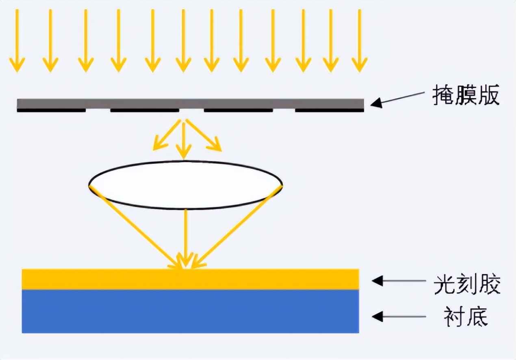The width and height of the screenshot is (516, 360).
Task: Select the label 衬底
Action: (466, 317)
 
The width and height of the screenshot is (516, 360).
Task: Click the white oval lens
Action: (185, 185)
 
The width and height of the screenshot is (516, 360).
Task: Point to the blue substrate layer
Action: (190, 311)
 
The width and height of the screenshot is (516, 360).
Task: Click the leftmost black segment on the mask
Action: (51, 110)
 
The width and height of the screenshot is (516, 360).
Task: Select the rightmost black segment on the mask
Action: (329, 110)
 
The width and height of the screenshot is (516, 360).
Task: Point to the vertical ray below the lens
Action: (186, 236)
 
